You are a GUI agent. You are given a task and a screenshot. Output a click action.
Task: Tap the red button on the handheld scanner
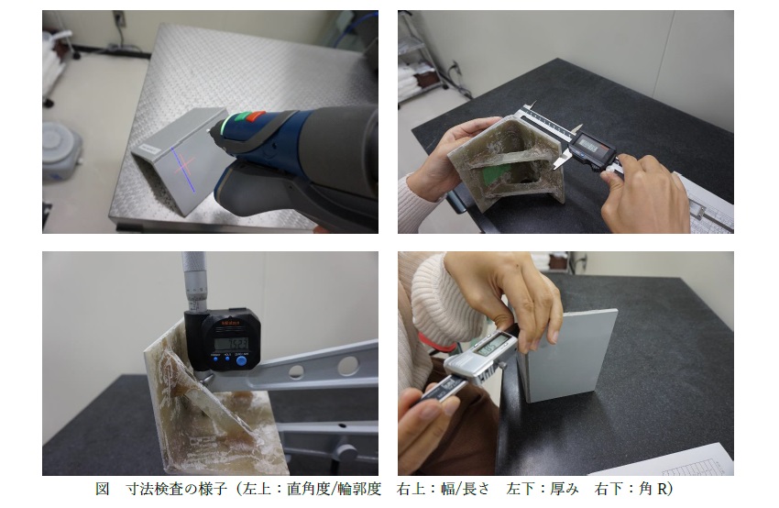(256, 117)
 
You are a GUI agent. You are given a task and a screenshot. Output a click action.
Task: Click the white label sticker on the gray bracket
(146, 148)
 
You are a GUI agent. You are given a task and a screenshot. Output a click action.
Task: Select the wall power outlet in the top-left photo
(119, 18)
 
